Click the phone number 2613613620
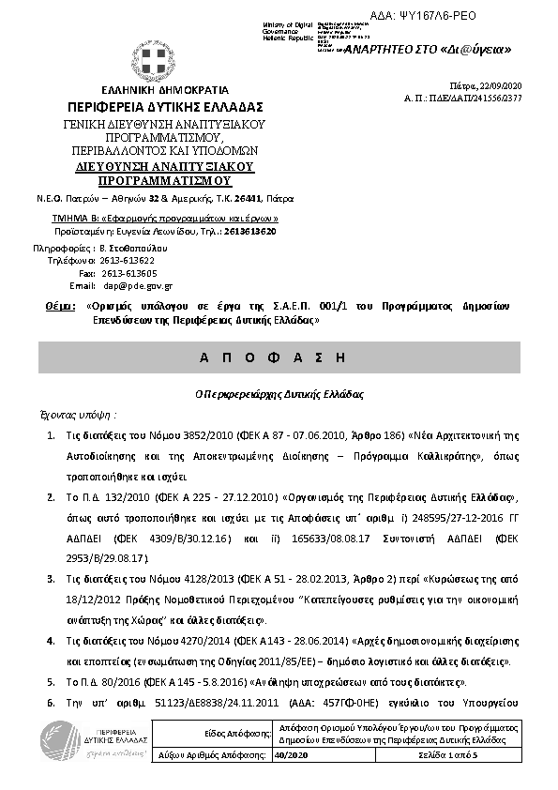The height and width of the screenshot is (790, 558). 249,231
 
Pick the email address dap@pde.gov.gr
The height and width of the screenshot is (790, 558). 138,285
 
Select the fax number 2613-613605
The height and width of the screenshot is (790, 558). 130,272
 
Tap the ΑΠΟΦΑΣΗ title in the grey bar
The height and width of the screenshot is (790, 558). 279,358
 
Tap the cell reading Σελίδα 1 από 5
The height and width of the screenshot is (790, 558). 446,755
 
